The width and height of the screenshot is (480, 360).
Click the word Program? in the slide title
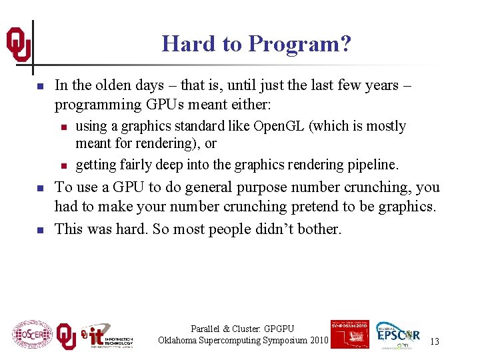point(299,45)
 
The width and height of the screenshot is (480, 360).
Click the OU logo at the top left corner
point(18,45)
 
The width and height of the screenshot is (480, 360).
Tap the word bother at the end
point(319,229)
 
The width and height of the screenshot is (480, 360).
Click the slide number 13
point(434,342)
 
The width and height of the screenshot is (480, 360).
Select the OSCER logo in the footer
point(32,335)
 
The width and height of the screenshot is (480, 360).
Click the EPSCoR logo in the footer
point(398,335)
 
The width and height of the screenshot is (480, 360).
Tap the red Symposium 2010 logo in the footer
point(349,334)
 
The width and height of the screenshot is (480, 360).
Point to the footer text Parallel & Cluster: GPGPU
point(242,329)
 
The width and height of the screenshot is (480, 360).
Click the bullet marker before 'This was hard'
point(40,230)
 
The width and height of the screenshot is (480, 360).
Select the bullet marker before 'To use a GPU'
point(40,189)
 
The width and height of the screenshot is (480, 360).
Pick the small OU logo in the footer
point(66,336)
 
